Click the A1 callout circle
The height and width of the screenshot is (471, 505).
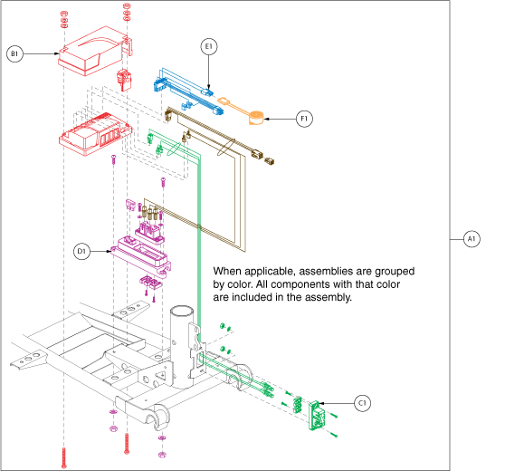click(472, 239)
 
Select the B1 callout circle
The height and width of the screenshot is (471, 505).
click(14, 53)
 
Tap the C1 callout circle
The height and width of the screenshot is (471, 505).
click(362, 403)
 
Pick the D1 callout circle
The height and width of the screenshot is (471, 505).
click(81, 251)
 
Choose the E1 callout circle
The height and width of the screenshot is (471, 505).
click(209, 47)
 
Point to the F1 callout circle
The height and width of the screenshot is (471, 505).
click(304, 119)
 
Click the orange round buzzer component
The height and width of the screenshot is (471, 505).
click(256, 118)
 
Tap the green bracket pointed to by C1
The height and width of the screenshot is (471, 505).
click(317, 415)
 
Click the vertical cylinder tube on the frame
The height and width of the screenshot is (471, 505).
click(182, 347)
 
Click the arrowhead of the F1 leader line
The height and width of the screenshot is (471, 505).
click(266, 119)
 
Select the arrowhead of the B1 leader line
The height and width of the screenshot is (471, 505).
click(57, 53)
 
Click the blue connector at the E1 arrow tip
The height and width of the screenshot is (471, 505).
click(207, 92)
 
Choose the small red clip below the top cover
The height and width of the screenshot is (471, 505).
click(124, 80)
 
